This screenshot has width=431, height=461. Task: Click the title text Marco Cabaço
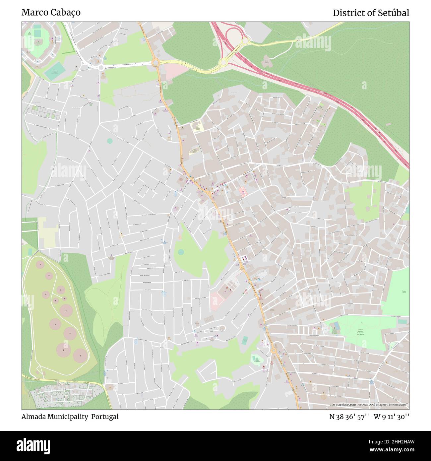tap(51, 13)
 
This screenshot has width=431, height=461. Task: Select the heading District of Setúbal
tap(371, 13)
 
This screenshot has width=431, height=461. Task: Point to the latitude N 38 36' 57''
tap(349, 417)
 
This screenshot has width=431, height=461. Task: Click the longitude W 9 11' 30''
tap(392, 417)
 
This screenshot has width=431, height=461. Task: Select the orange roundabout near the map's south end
tap(274, 351)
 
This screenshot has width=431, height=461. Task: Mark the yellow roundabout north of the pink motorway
tap(245, 41)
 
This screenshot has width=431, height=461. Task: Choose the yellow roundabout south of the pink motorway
tap(223, 62)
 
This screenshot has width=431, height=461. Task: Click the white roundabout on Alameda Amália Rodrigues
tap(101, 68)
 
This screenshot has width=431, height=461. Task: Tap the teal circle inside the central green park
tap(181, 252)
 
